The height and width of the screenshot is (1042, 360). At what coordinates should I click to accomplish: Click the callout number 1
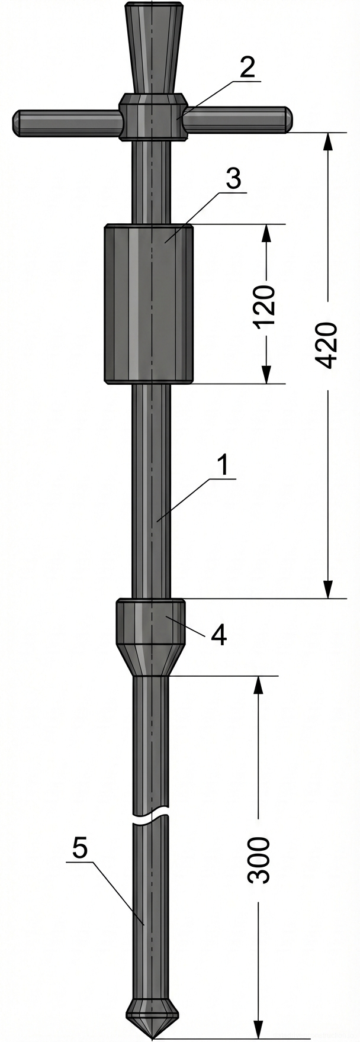click(x=223, y=465)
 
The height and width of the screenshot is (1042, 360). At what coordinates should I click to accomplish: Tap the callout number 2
click(x=247, y=67)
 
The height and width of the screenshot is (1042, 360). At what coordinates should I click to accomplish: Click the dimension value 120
click(x=265, y=305)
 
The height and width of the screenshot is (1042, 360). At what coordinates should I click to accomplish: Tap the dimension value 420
click(x=327, y=345)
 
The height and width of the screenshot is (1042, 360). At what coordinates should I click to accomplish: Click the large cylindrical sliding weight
click(x=149, y=303)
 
